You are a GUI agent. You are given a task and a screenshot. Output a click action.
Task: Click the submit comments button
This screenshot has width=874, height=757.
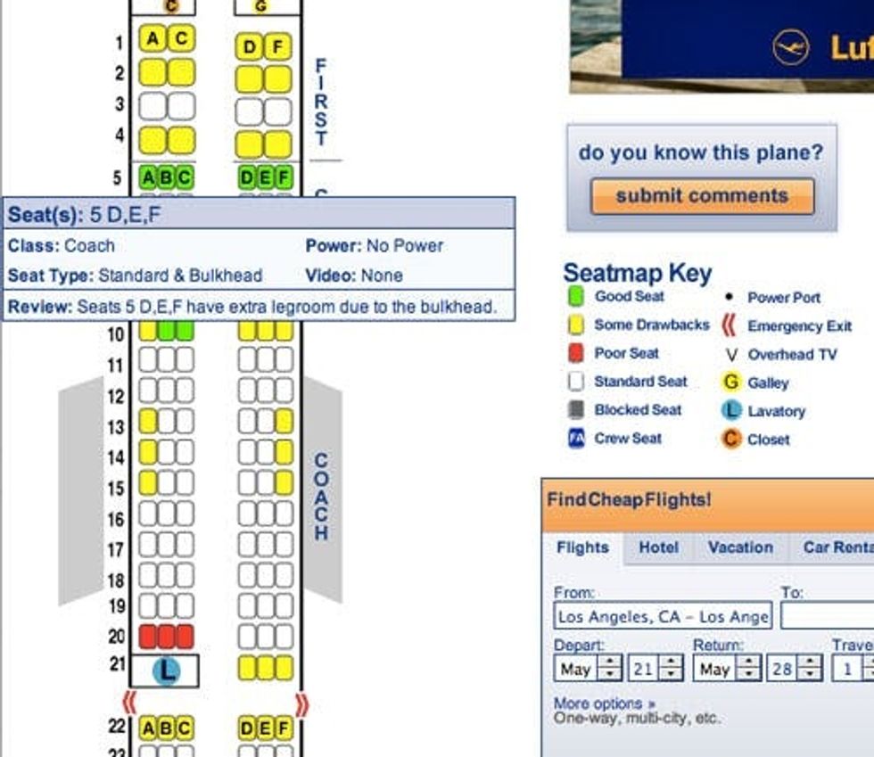pos(703,195)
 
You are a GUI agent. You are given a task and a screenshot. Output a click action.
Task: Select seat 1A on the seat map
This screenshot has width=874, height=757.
pos(153,38)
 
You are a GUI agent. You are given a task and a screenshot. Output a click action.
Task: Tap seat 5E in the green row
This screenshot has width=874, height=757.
pos(266,177)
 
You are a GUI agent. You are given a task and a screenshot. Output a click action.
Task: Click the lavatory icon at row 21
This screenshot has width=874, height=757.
pos(166,670)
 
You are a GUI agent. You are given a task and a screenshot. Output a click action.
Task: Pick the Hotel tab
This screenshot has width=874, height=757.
pos(658,547)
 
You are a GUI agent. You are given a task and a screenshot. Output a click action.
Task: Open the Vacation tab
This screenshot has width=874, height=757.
pos(740,547)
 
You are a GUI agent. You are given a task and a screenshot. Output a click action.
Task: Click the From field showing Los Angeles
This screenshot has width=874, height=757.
pos(663,615)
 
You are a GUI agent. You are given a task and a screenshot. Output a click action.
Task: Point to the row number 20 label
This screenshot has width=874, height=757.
pos(117,636)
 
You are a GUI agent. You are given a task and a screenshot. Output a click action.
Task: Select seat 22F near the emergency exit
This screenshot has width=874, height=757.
pos(284,728)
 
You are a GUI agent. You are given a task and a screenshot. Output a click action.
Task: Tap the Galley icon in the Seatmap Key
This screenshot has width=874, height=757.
pos(730,382)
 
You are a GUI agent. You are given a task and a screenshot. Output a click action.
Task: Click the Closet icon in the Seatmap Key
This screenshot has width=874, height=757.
pos(730,439)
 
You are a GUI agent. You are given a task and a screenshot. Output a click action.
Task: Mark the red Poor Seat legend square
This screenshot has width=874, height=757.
pos(576,353)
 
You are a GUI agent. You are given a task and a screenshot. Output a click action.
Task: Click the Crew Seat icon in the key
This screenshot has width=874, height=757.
pos(576,438)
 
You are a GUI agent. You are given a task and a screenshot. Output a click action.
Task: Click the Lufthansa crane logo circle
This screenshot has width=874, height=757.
pos(790,47)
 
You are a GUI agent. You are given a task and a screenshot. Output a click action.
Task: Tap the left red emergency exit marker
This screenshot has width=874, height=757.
pos(128,703)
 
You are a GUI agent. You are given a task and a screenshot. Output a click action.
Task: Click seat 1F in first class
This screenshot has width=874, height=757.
pos(277,47)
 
